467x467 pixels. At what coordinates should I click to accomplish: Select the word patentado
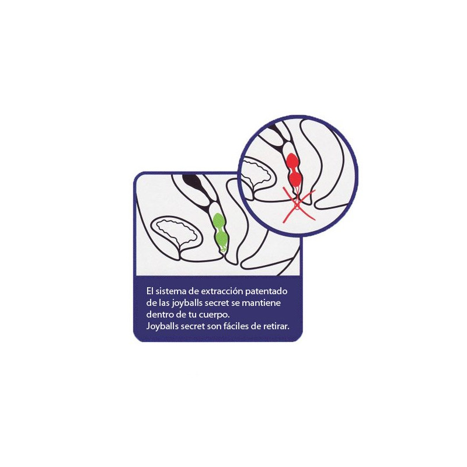click(266, 291)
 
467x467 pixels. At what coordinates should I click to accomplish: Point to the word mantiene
click(262, 303)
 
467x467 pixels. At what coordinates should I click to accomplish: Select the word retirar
click(276, 326)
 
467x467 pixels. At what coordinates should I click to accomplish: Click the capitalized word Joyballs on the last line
click(163, 327)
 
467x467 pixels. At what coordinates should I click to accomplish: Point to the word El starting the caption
click(149, 291)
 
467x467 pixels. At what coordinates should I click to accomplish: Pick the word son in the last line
click(214, 327)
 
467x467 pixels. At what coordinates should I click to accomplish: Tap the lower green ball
click(222, 239)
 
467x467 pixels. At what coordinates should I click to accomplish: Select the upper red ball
click(292, 162)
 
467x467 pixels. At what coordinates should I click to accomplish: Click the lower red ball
click(295, 179)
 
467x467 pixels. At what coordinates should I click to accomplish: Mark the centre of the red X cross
click(298, 205)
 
